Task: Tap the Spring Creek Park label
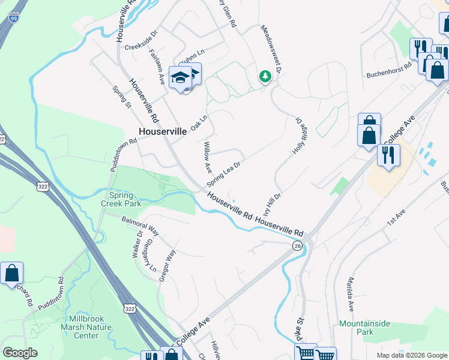(x=125, y=199)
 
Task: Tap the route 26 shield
(x=298, y=245)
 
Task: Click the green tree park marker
(x=264, y=76)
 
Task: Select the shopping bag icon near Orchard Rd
(x=11, y=274)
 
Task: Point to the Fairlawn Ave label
(x=157, y=67)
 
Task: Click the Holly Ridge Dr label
(x=298, y=136)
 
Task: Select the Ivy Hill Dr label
(x=272, y=203)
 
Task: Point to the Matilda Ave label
(x=351, y=293)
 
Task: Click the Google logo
(x=20, y=353)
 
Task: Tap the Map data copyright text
(x=411, y=355)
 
